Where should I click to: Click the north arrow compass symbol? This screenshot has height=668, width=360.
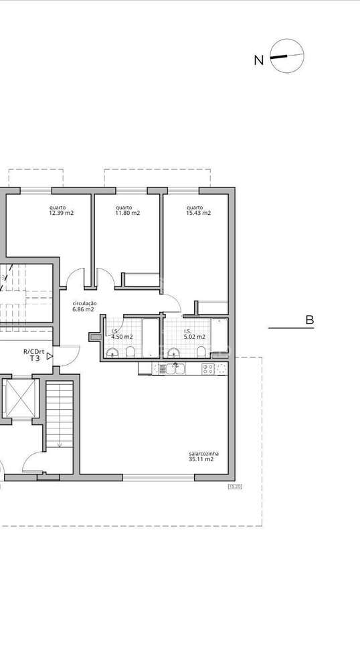point(286,56)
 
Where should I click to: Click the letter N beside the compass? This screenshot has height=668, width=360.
point(258,60)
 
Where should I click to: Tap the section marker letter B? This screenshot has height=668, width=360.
point(309,320)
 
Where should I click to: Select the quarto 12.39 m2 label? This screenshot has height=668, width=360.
point(61,210)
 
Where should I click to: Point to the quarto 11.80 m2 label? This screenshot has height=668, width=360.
point(127,210)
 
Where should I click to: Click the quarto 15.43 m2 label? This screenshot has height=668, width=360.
point(198,210)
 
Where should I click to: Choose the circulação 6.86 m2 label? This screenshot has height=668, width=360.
point(84,307)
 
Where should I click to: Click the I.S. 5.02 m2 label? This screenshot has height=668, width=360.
point(194,335)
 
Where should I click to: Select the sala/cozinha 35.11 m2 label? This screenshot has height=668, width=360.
point(201,456)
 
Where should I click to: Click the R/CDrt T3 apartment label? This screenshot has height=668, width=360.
point(33,355)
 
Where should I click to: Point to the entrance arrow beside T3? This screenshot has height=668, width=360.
point(50,358)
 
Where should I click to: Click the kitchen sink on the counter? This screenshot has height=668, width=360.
point(178,368)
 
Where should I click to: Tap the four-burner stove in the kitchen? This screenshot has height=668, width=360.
point(207,368)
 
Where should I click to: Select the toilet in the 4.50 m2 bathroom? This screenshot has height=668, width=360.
point(132,353)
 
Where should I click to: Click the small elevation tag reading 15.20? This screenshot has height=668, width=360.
point(234,487)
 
